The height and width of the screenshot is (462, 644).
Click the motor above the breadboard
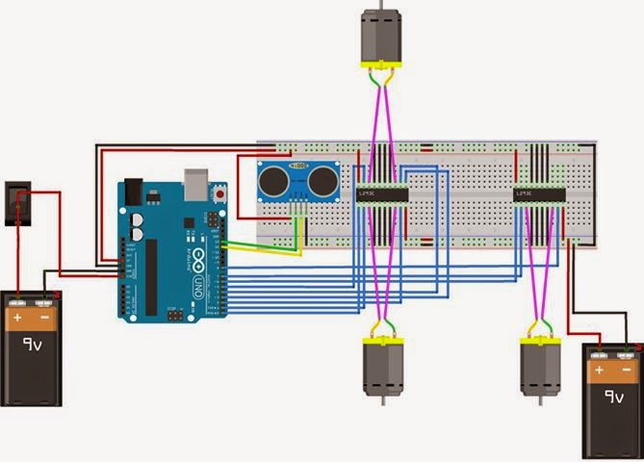[382, 37]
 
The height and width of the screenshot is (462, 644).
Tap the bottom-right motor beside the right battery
[538, 371]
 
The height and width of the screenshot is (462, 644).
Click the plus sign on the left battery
[17, 315]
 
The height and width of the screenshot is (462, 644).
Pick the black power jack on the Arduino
[131, 192]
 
